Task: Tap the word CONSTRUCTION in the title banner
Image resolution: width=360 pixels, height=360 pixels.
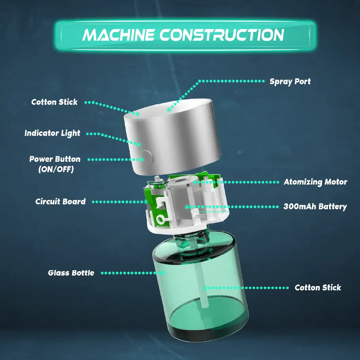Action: (x=222, y=35)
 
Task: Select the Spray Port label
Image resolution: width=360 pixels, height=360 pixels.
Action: (x=290, y=81)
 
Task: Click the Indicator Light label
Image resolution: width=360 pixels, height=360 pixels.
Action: (x=52, y=133)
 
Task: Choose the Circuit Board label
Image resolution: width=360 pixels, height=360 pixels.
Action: (x=60, y=201)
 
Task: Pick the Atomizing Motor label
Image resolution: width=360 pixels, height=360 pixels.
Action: (x=315, y=182)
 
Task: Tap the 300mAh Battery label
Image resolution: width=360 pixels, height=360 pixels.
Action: (x=315, y=207)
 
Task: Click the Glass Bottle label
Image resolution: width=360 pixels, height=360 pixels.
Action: (x=71, y=273)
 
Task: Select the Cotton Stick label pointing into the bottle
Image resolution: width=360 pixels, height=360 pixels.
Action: (x=318, y=288)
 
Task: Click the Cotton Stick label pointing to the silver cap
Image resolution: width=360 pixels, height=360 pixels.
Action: (x=55, y=102)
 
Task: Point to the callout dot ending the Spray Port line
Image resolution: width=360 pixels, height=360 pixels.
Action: (x=169, y=109)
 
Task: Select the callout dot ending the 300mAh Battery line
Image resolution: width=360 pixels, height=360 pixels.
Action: (x=186, y=207)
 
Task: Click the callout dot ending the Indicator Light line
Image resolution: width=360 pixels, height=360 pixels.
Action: (x=140, y=144)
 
